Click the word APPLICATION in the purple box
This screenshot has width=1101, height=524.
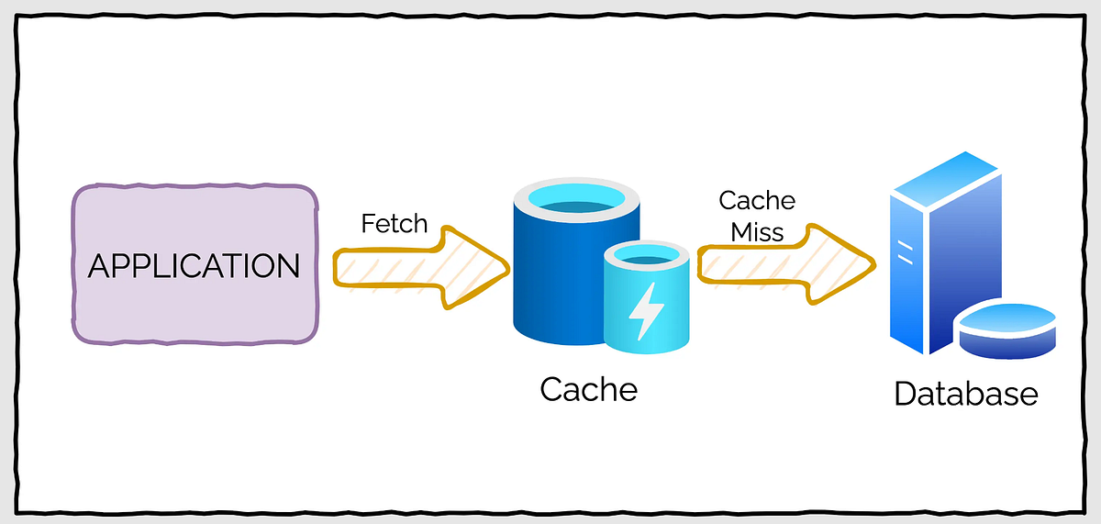tap(194, 266)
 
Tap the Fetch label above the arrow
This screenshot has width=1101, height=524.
tap(395, 223)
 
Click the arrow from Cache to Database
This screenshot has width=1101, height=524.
tap(780, 263)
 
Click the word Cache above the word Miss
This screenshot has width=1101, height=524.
tap(757, 200)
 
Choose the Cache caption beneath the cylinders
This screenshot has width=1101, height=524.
tap(588, 389)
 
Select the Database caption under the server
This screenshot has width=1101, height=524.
tap(966, 394)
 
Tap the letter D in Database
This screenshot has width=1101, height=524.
tap(905, 394)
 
